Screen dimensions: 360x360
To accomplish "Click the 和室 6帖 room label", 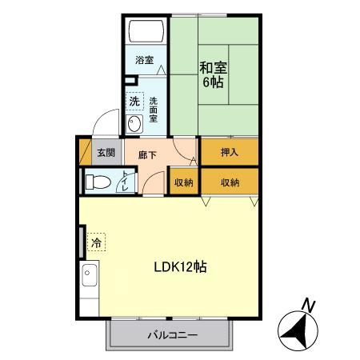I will point(212,74).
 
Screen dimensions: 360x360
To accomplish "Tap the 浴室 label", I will point(144,60).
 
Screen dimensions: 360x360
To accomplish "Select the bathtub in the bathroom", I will point(147,33).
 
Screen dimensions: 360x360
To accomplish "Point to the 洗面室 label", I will point(153,108).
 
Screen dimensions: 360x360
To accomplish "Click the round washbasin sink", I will point(135,123).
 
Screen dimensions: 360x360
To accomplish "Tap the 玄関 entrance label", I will point(106,151).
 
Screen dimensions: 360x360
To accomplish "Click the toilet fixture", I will point(98,181).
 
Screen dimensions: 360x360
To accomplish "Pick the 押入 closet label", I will point(230,150).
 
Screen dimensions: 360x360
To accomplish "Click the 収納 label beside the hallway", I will point(184,182).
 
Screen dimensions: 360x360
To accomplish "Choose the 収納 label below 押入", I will point(230,182).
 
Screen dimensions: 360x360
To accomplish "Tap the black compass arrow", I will point(298,329).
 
